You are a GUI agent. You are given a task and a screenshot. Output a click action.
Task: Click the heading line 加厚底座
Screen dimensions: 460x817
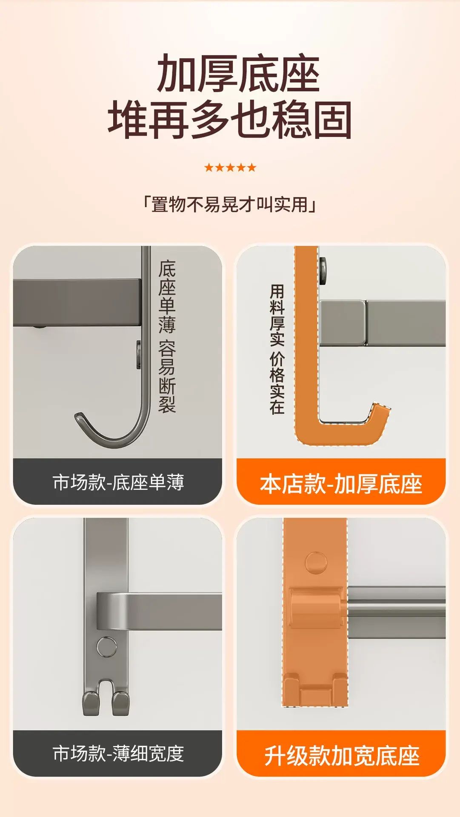point(238,73)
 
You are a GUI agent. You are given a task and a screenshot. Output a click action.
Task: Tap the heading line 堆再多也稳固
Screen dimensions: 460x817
point(230,120)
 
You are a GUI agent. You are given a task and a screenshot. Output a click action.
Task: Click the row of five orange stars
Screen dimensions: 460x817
point(230,167)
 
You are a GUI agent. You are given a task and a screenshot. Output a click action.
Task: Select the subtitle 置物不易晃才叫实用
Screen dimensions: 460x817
point(230,205)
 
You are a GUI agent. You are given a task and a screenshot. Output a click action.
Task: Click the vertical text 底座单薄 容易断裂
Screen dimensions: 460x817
point(167,336)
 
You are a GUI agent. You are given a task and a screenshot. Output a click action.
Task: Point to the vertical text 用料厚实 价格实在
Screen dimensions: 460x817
point(277,349)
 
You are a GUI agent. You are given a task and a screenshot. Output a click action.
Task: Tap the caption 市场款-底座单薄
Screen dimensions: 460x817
point(118,482)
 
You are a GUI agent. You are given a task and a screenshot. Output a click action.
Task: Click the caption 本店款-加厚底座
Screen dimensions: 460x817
point(341,484)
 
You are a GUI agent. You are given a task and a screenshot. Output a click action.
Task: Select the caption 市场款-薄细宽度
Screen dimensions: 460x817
point(118,753)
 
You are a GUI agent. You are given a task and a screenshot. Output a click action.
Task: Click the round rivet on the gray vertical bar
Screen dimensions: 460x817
point(106,647)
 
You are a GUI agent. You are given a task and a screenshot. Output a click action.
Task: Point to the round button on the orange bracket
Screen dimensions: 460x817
point(316,563)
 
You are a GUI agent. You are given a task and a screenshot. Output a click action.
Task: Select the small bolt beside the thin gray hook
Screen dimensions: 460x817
point(139,354)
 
